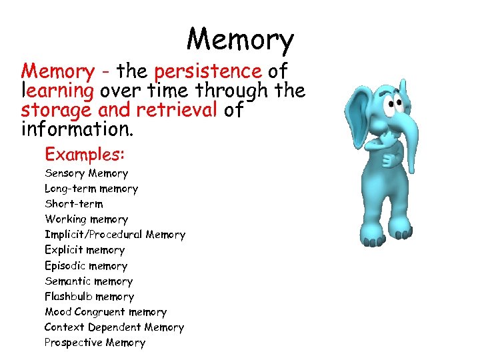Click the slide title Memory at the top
(x=240, y=40)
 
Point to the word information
(x=77, y=128)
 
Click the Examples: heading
(x=85, y=154)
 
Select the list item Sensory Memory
(x=86, y=173)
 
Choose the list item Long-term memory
(x=91, y=189)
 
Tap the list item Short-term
(x=74, y=204)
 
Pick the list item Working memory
(x=86, y=219)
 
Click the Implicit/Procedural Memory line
(x=115, y=235)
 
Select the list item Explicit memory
(x=85, y=250)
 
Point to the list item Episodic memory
(x=85, y=265)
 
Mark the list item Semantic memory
(x=89, y=281)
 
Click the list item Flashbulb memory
(x=89, y=297)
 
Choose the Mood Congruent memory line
(x=105, y=312)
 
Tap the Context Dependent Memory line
(x=114, y=327)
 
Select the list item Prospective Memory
(x=95, y=343)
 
